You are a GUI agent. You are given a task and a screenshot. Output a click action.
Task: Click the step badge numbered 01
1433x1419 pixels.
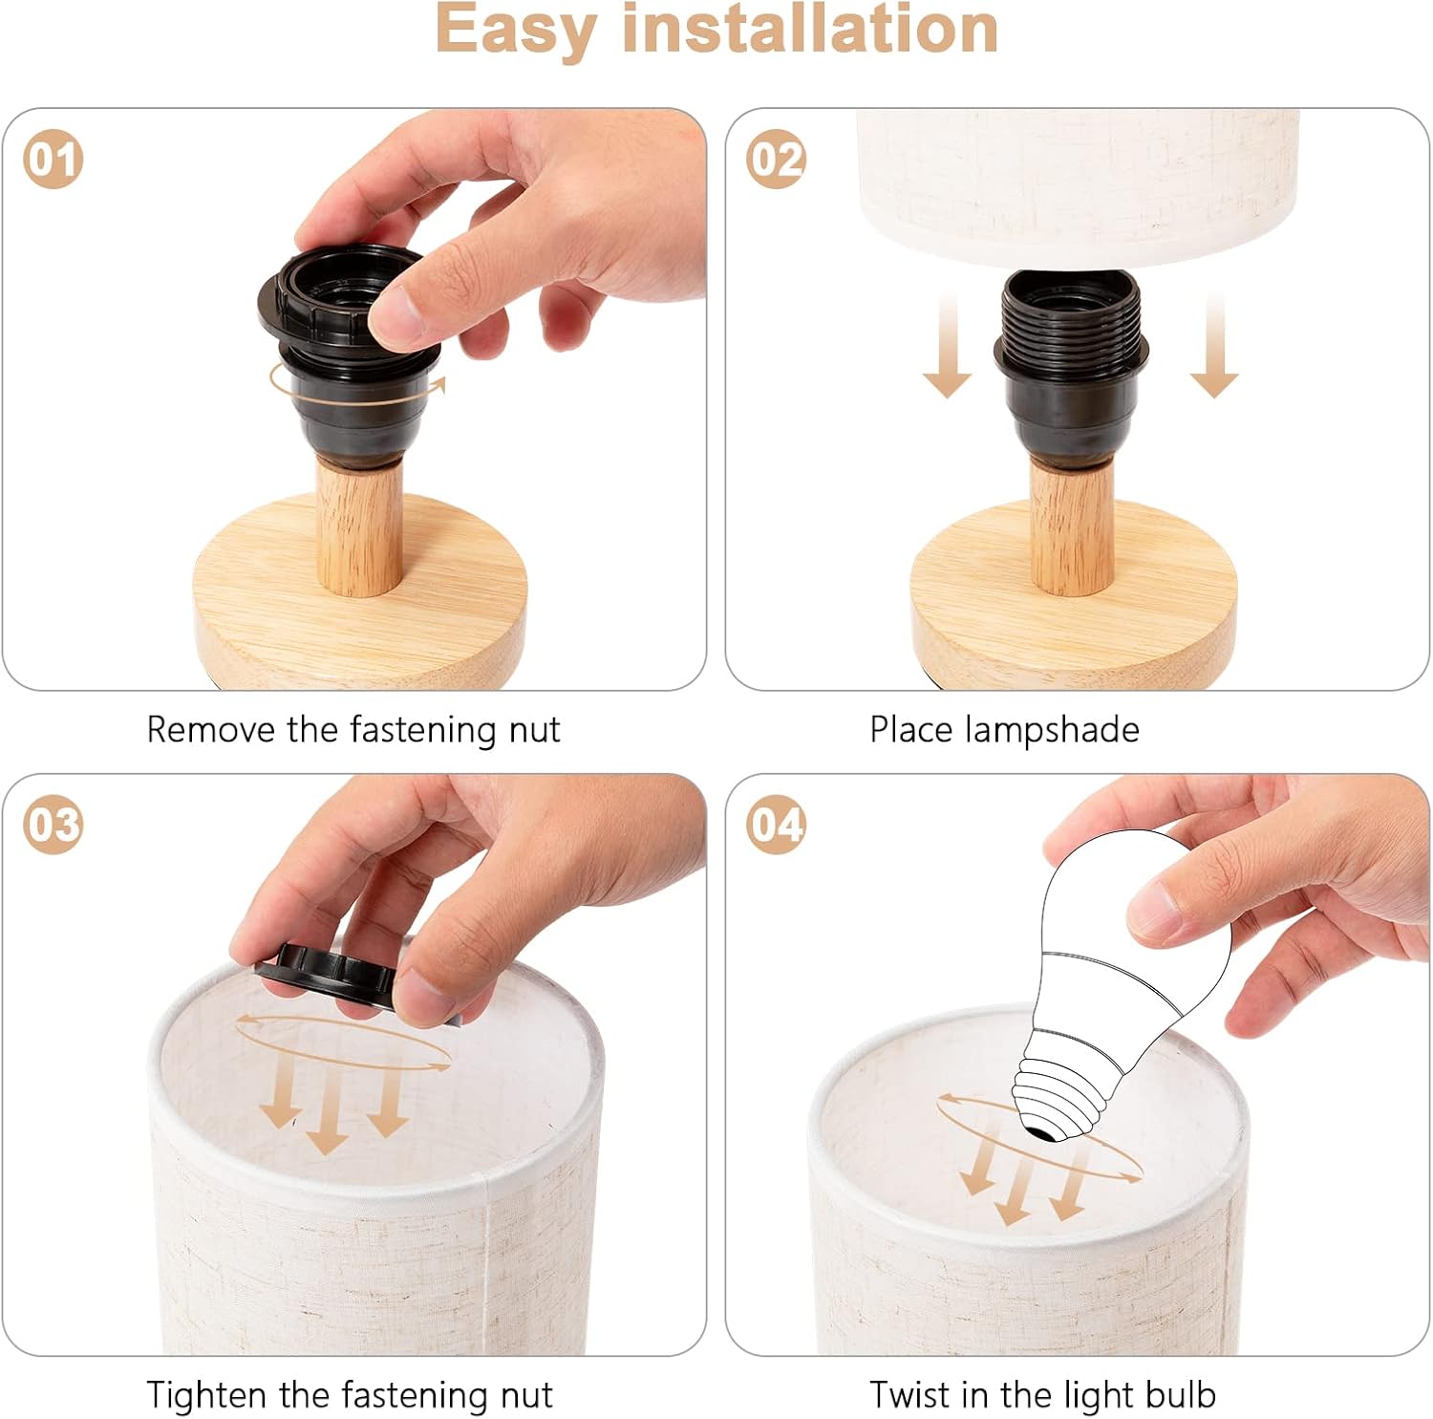[x=53, y=159]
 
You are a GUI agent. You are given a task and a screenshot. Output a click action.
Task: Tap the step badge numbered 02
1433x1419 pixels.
[x=777, y=159]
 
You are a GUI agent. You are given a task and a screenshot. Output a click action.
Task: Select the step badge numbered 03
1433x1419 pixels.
[x=53, y=825]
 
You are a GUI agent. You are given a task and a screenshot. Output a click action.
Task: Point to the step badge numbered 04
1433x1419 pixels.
[x=777, y=825]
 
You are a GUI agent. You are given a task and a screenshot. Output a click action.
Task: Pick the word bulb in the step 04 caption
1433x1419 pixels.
[x=1181, y=1395]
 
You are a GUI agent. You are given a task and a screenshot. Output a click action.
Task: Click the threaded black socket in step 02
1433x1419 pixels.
[x=1071, y=363]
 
